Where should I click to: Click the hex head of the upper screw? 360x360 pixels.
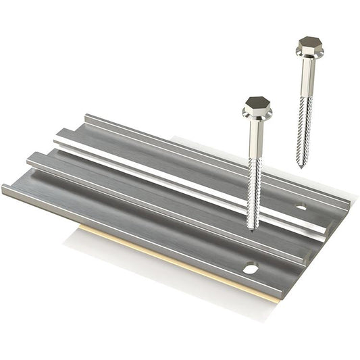[310, 46]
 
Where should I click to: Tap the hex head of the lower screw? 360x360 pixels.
[257, 105]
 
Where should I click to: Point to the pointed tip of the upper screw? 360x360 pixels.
[301, 163]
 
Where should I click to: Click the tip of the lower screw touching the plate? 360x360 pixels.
[251, 228]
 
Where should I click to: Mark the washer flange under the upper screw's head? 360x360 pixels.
[309, 55]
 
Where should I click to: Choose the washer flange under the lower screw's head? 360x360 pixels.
[257, 115]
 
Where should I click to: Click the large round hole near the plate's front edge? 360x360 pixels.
[251, 269]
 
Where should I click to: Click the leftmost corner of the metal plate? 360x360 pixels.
[3, 188]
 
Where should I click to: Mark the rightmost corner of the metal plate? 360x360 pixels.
[349, 203]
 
